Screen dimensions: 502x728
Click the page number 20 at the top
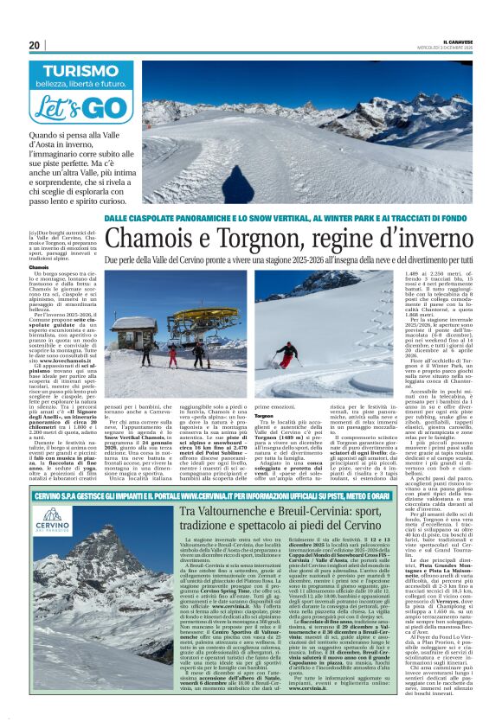pos(34,45)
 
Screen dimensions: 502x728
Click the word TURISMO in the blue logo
pos(74,73)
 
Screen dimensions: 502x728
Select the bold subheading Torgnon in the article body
pos(263,414)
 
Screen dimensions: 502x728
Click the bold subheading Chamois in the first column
pos(39,268)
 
